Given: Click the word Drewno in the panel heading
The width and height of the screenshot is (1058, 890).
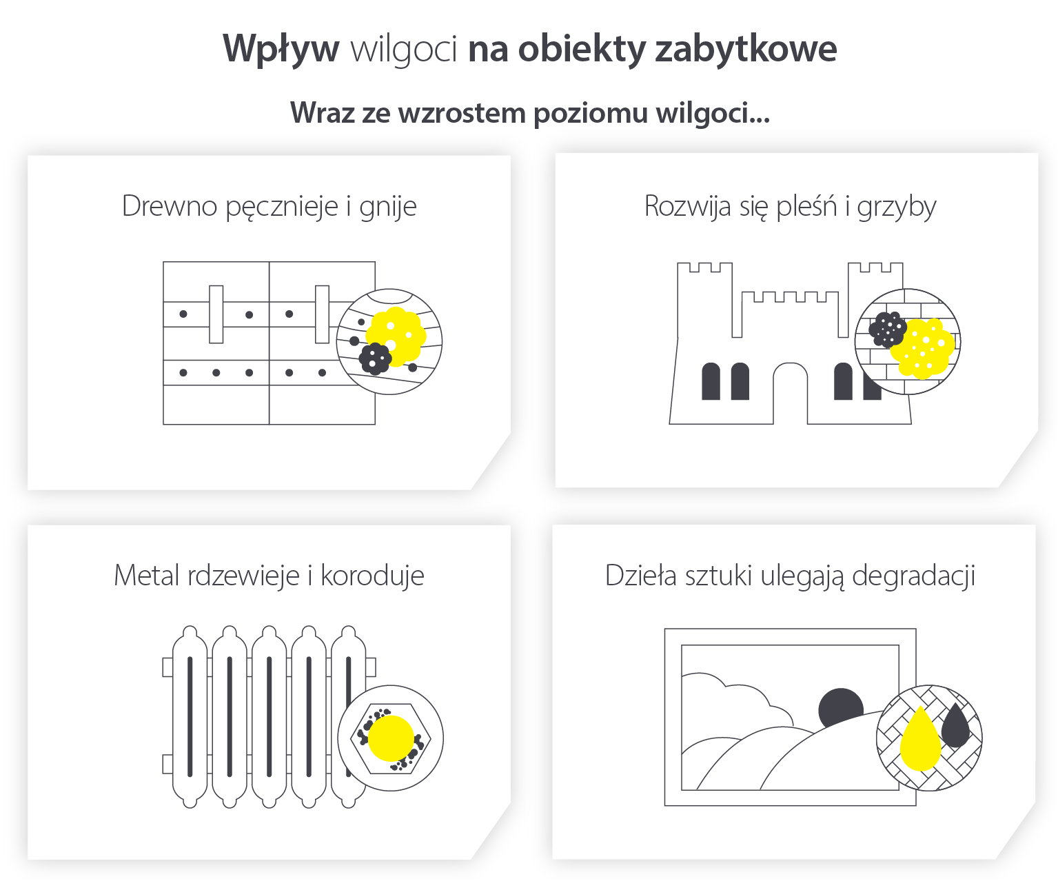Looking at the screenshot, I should click(x=170, y=206).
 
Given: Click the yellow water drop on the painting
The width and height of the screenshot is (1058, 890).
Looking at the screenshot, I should click(x=920, y=740).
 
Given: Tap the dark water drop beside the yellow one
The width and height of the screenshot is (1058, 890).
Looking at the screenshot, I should click(x=955, y=726).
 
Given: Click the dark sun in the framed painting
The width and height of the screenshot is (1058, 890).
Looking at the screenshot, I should click(x=841, y=707).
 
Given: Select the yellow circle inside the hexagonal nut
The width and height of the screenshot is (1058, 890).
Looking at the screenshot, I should click(x=391, y=738).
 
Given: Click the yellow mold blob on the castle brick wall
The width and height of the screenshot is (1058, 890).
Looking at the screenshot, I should click(x=923, y=348).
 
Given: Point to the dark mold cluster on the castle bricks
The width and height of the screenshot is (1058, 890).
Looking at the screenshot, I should click(x=887, y=329).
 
